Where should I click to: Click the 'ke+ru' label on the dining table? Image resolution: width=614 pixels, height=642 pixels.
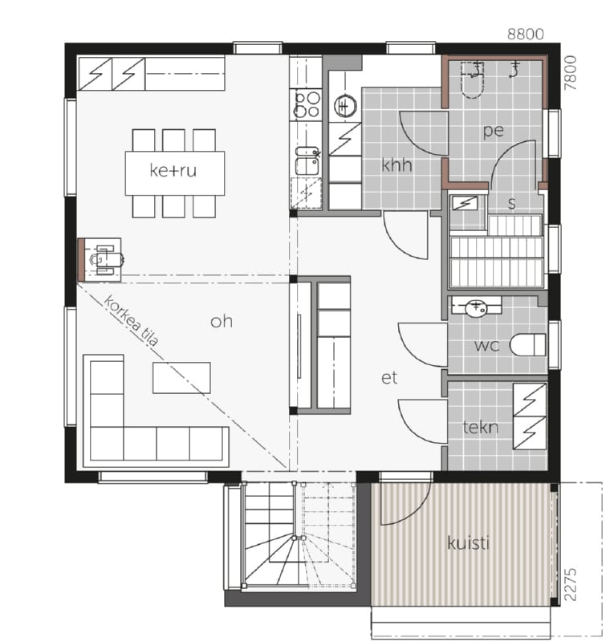(173, 170)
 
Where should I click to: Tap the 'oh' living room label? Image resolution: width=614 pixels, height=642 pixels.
(222, 322)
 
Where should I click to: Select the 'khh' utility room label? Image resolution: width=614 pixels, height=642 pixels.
(396, 165)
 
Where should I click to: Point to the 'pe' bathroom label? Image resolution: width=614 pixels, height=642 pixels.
(493, 131)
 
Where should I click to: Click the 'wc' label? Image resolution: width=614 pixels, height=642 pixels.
(487, 346)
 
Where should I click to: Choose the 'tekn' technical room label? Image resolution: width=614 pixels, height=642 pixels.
(481, 428)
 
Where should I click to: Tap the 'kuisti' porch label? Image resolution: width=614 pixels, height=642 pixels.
(469, 543)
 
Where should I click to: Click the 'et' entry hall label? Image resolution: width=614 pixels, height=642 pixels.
(389, 378)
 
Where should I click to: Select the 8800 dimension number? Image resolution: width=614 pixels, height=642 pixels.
(526, 34)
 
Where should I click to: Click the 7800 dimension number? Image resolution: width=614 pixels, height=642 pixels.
(570, 73)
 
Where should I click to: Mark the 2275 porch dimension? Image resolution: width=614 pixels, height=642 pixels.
(570, 584)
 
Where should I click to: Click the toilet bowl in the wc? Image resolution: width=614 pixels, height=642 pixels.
(527, 345)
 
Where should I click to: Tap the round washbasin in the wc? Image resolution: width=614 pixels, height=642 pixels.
(477, 307)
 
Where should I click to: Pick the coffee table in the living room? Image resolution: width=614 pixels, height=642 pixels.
(181, 377)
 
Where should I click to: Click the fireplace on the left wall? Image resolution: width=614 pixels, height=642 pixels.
(100, 259)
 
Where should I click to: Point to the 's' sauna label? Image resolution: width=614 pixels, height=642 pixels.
(511, 204)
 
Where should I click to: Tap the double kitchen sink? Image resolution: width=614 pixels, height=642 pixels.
(307, 160)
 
